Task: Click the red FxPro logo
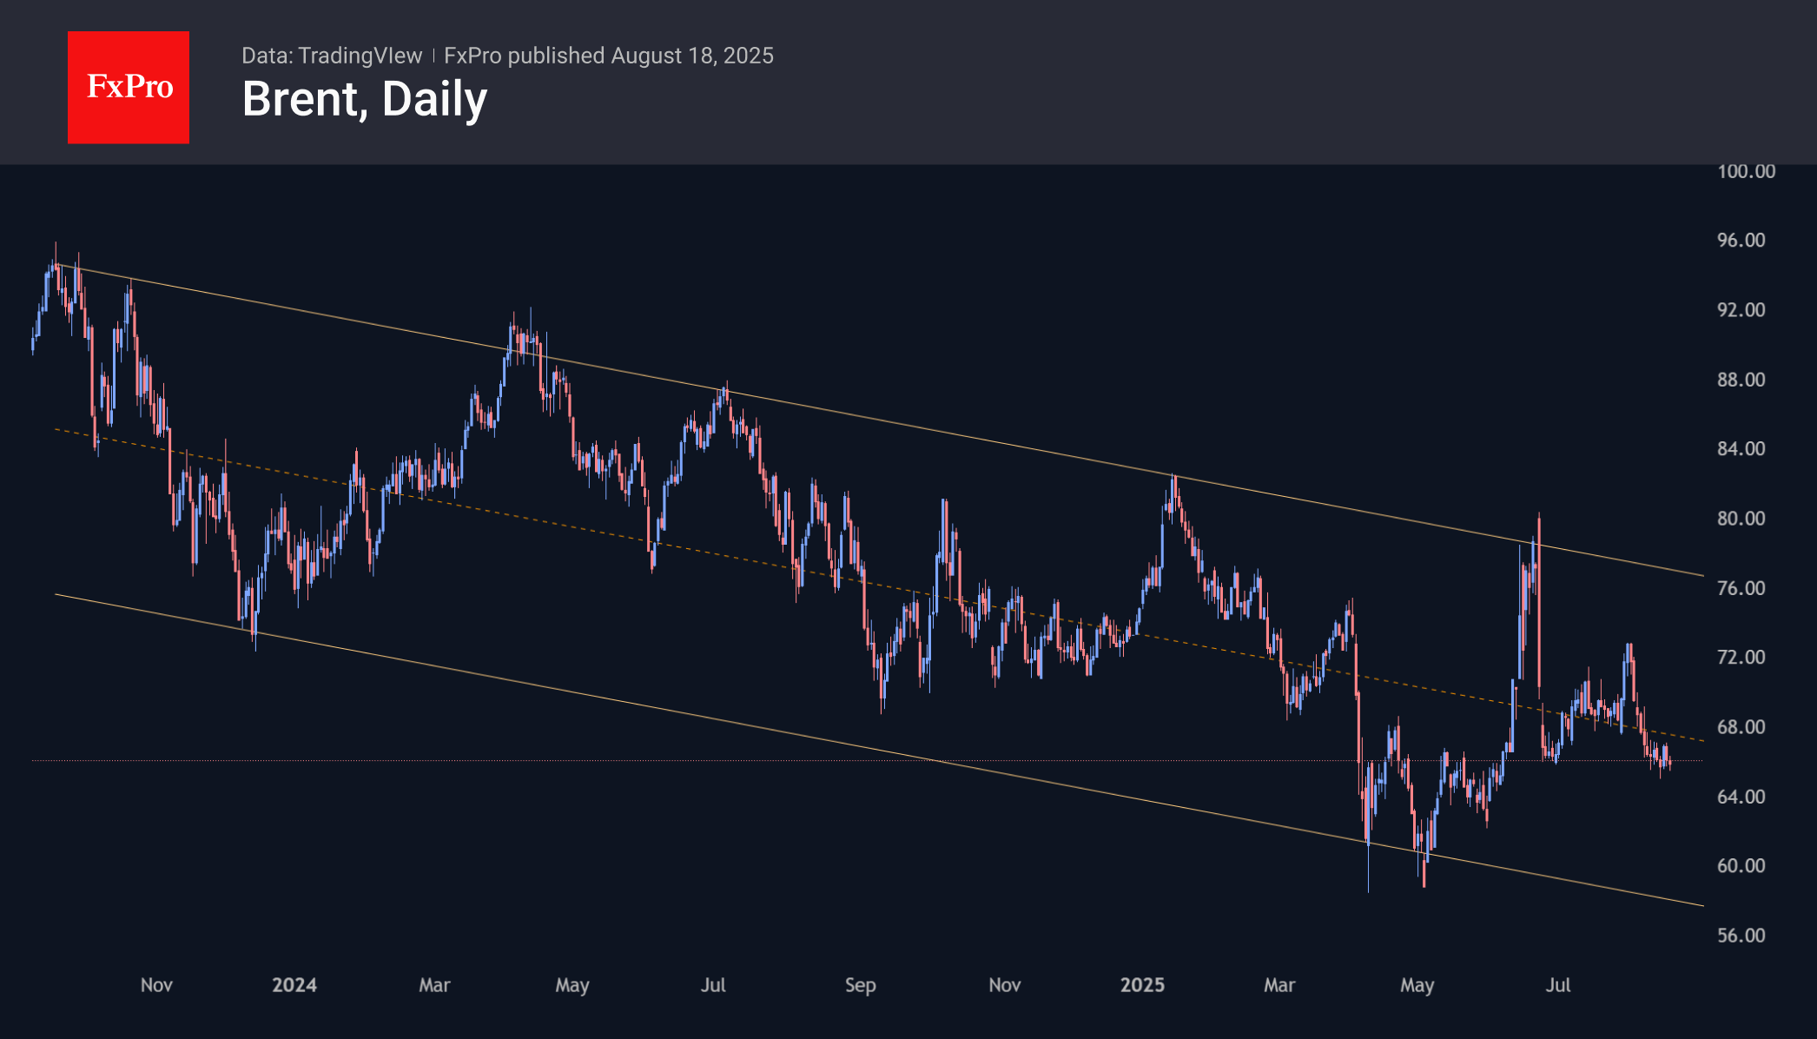(x=129, y=87)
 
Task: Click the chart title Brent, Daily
(x=364, y=99)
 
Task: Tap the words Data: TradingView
(x=331, y=56)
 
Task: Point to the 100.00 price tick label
(x=1746, y=171)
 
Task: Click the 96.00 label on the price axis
(x=1741, y=240)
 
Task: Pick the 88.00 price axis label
(x=1741, y=380)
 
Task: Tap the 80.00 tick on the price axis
(x=1741, y=519)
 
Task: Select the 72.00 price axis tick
(x=1741, y=657)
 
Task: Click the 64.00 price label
(x=1741, y=797)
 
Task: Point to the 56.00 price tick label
(x=1741, y=936)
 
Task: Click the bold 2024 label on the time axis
(x=294, y=985)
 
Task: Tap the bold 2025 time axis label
(x=1142, y=985)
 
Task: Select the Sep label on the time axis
(x=860, y=985)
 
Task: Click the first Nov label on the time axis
(x=156, y=985)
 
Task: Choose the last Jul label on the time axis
(x=1558, y=985)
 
